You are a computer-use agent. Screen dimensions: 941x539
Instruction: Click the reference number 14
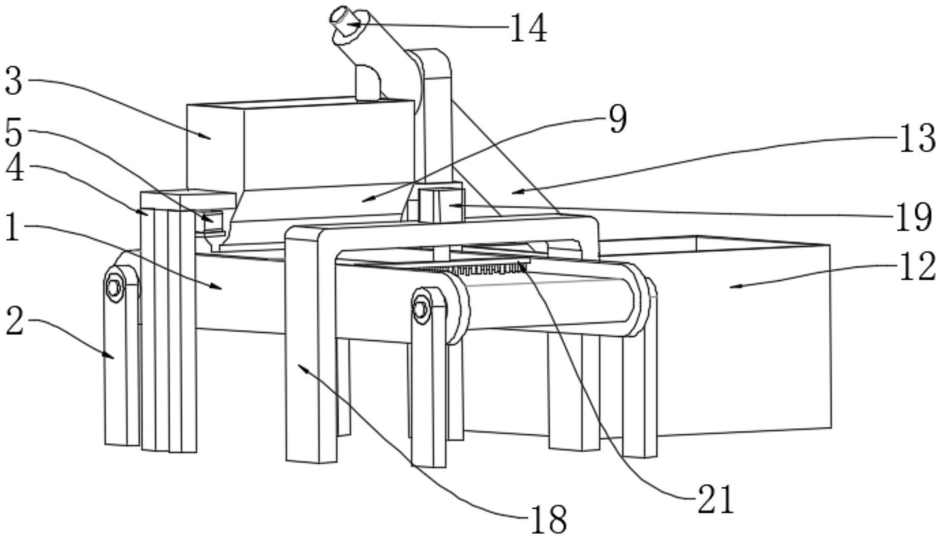[x=528, y=28]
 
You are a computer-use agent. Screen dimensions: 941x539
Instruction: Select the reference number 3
[x=14, y=81]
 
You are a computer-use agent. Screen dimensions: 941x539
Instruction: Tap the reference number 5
[x=14, y=132]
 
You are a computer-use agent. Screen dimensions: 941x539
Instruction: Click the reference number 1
[x=12, y=227]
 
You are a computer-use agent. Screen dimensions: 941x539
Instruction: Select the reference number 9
[x=618, y=119]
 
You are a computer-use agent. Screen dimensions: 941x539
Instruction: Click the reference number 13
[x=917, y=138]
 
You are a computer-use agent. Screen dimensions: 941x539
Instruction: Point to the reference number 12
[x=917, y=267]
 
